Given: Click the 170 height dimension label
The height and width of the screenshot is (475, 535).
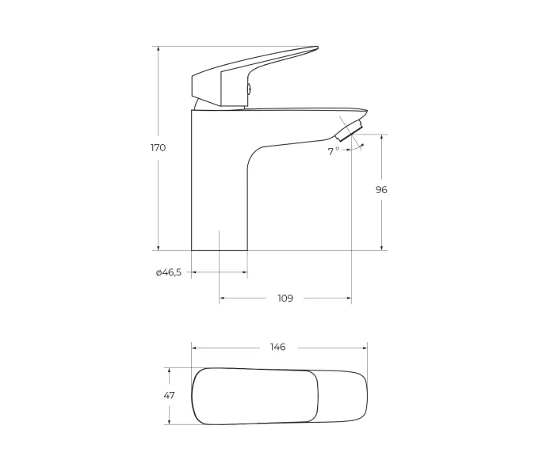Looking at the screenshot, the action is click(159, 148).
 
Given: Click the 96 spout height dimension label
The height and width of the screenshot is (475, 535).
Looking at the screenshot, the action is click(381, 190).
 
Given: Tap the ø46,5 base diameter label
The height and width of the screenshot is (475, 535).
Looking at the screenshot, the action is click(169, 272).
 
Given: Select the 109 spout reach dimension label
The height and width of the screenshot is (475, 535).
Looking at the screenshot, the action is click(285, 298).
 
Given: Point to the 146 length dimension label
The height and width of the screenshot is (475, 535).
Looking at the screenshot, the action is click(277, 347).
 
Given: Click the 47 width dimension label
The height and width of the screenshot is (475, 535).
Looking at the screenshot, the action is click(169, 396).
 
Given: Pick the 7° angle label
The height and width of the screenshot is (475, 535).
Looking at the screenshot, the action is click(334, 151).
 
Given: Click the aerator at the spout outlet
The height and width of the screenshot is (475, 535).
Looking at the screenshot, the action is click(349, 131).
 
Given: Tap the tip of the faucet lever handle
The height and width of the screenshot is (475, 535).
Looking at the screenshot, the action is click(317, 47).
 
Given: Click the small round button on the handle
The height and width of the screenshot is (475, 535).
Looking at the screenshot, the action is click(250, 89).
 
